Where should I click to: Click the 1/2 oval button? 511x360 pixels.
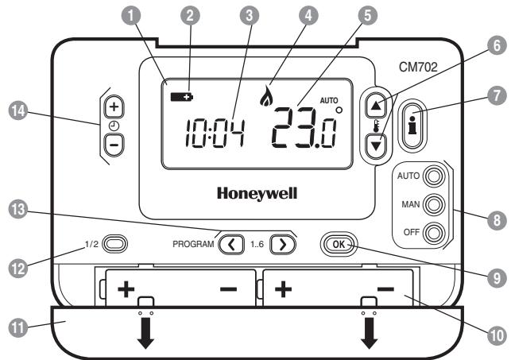(115, 243)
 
